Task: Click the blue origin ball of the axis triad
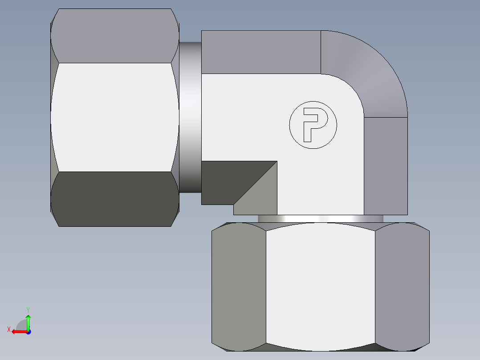(28, 331)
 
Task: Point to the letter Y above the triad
(28, 309)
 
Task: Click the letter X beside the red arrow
(8, 329)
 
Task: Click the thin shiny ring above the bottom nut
(320, 218)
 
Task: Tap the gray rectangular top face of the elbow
(261, 52)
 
